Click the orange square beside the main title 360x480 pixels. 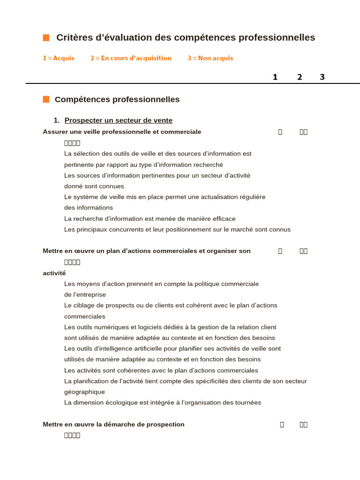click(x=46, y=37)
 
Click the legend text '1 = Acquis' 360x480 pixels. click(x=59, y=58)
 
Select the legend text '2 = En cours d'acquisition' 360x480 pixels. click(x=131, y=58)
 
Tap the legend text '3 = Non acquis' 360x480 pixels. click(x=210, y=58)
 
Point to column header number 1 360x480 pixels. click(x=275, y=77)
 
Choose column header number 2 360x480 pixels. click(x=300, y=77)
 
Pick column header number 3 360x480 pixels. click(x=322, y=77)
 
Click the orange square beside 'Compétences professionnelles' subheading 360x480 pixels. click(x=46, y=99)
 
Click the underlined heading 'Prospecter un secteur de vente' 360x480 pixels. click(x=118, y=120)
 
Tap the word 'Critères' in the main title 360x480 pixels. click(x=74, y=37)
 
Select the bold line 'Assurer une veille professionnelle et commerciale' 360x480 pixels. click(x=122, y=132)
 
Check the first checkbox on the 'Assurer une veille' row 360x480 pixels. click(x=280, y=132)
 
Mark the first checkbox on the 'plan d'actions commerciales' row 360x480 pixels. click(x=280, y=251)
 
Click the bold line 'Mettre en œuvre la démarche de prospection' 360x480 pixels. click(x=113, y=424)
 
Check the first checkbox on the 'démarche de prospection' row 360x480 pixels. click(x=282, y=425)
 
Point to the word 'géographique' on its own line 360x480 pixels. click(x=84, y=392)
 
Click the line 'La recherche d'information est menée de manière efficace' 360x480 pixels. click(x=150, y=219)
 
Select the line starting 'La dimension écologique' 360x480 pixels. click(x=162, y=403)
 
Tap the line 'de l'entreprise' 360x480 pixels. click(x=85, y=295)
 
